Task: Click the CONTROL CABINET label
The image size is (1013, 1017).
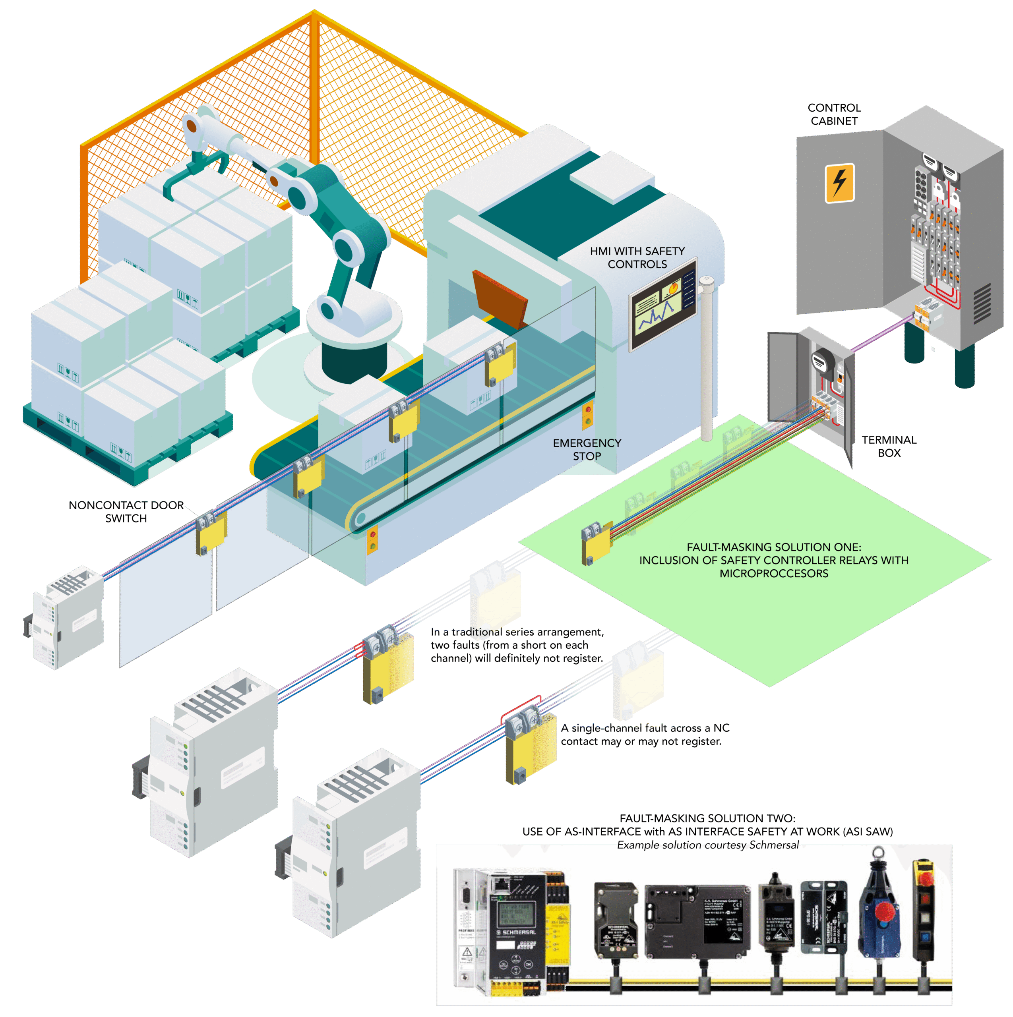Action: [834, 114]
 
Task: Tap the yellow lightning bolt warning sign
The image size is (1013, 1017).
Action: [839, 183]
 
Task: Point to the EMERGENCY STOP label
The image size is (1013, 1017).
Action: [587, 450]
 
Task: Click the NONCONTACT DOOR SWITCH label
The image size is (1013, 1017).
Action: [126, 512]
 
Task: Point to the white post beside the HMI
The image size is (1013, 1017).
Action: [706, 358]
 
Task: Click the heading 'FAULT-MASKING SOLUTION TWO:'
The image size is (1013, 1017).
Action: [707, 818]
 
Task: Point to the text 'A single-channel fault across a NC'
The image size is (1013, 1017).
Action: [645, 728]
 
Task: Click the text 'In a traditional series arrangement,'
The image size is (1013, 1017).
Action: [517, 632]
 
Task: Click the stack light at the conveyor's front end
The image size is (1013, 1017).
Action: [373, 539]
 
